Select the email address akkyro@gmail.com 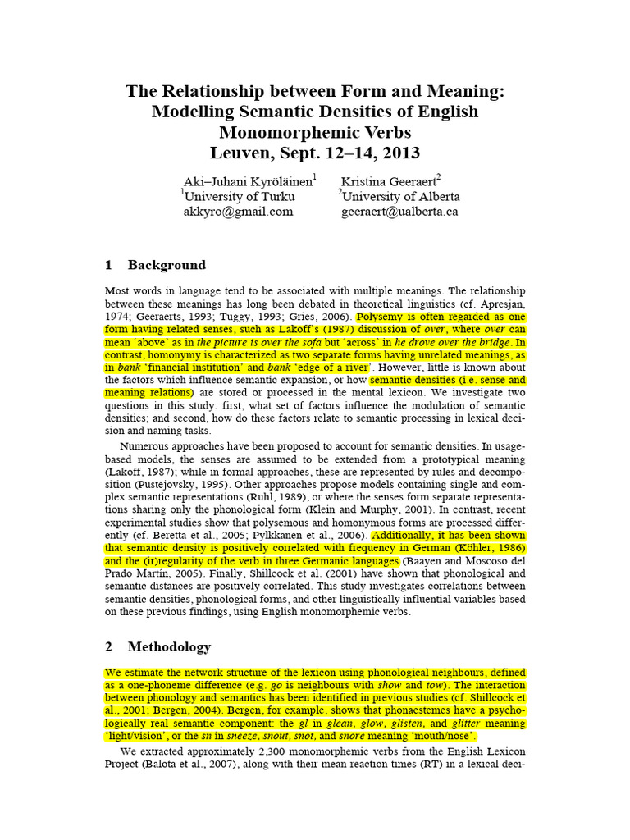238,211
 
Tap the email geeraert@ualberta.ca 399,211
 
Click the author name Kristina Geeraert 390,180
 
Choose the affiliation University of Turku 239,196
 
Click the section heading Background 167,265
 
